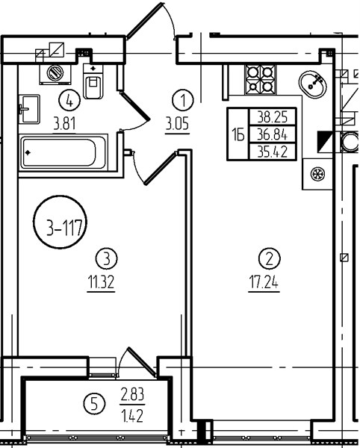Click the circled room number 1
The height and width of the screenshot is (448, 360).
(x=183, y=100)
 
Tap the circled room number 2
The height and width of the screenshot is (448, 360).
(x=269, y=258)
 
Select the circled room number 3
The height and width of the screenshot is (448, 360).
(x=106, y=258)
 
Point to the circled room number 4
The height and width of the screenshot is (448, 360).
(x=69, y=100)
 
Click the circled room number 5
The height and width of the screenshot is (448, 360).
(x=94, y=404)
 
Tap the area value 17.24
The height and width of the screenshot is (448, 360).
(x=264, y=282)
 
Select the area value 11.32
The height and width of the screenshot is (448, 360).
(x=101, y=282)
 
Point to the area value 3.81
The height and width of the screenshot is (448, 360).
(x=64, y=124)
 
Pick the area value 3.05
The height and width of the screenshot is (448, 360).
(x=177, y=124)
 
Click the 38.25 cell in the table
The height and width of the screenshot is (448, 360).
(x=273, y=116)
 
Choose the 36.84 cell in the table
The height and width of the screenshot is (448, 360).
(x=273, y=134)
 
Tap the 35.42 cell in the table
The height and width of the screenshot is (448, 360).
(x=273, y=151)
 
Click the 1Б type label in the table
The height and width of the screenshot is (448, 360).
(x=238, y=134)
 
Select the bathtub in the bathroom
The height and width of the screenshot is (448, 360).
(x=63, y=152)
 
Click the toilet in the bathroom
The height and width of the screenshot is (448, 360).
(x=93, y=81)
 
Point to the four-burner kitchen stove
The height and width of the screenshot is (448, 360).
(x=260, y=79)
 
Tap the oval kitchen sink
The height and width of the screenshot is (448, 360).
(x=312, y=84)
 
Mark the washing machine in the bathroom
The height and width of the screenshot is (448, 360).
(x=55, y=74)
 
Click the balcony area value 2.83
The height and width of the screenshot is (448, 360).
(x=132, y=395)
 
